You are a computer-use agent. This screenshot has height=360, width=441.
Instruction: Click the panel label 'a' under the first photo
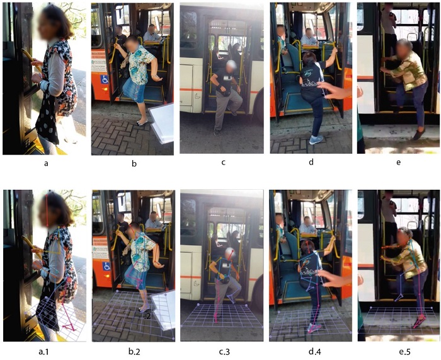46,163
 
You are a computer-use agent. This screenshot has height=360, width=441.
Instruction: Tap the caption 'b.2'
134,351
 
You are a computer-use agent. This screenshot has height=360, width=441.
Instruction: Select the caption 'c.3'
223,351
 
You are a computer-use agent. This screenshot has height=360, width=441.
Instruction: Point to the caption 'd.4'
311,351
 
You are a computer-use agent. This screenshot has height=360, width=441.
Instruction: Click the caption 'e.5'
398,351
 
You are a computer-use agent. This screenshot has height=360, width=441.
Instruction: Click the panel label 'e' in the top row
398,163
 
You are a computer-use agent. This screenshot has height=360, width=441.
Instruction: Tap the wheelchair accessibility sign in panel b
105,79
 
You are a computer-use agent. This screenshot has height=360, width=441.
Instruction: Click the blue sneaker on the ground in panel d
316,139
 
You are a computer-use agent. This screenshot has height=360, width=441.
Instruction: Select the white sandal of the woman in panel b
142,123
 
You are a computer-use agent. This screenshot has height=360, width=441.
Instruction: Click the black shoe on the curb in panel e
419,134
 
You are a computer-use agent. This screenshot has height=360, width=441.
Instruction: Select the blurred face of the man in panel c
231,66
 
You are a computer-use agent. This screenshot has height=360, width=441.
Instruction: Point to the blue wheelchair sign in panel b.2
106,266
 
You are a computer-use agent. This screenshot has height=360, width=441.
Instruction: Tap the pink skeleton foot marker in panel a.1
69,327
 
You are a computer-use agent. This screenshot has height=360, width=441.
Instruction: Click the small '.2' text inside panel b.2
147,316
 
